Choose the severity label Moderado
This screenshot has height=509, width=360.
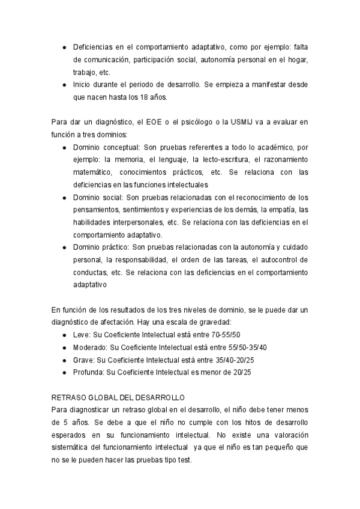point(90,347)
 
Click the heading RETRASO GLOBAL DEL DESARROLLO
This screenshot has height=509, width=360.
point(118,398)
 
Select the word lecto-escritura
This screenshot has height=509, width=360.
point(219,160)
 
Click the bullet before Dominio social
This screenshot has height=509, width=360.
point(65,197)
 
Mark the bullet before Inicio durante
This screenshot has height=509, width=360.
point(65,85)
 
